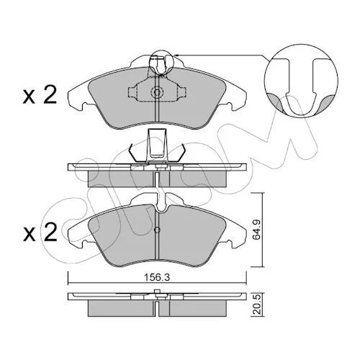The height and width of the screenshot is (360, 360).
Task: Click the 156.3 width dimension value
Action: tap(157, 277)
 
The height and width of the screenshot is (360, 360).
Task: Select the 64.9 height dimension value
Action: tap(257, 231)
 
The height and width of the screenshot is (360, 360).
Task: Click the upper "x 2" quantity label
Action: tap(40, 95)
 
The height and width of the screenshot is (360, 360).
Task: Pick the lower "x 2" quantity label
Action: tap(40, 233)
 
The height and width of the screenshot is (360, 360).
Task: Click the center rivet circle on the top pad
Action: tap(157, 92)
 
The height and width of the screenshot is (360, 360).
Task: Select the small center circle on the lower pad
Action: tap(157, 230)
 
